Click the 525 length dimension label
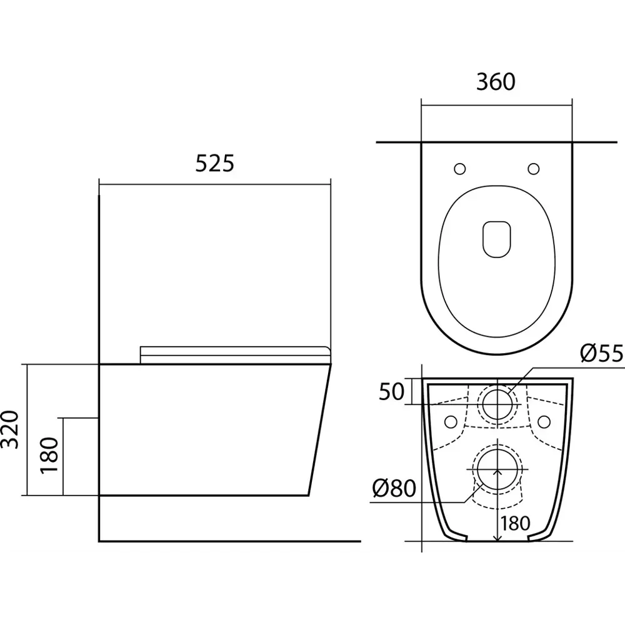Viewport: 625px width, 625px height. click(214, 163)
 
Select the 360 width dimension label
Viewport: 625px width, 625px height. click(496, 82)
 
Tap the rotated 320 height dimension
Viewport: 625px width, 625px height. click(9, 430)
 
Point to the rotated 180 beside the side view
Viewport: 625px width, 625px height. click(50, 456)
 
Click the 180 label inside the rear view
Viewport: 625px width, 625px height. click(514, 522)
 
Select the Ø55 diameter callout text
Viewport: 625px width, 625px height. click(602, 354)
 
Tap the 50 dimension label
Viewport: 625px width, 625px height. click(392, 392)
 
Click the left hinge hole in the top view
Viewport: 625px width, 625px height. click(459, 169)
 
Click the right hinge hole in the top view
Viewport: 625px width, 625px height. click(533, 169)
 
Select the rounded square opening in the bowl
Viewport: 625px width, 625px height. click(497, 239)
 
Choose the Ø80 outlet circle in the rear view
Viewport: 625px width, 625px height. click(497, 470)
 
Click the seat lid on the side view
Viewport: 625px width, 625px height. click(234, 354)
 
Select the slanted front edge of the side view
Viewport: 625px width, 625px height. click(319, 431)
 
